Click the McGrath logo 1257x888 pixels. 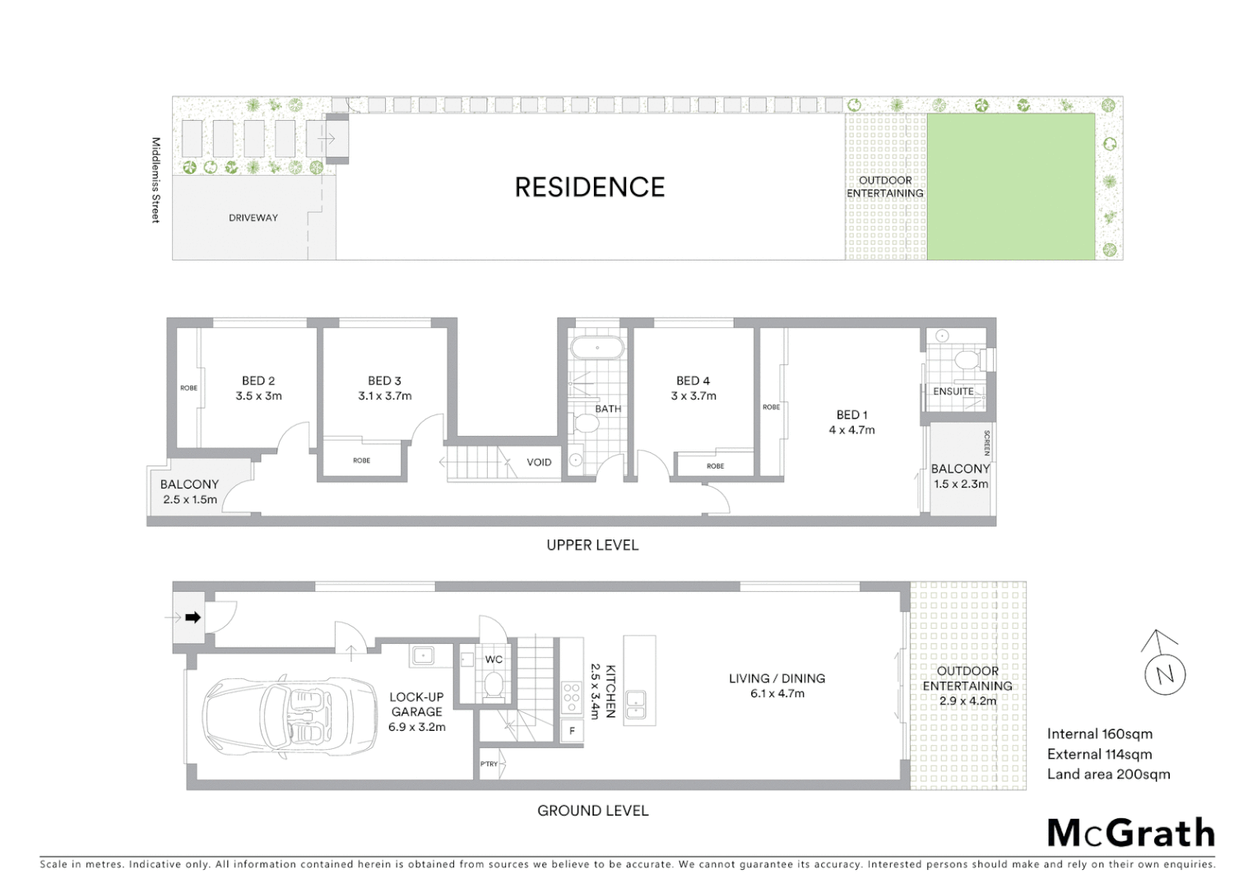click(x=1131, y=833)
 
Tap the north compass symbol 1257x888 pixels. click(x=1164, y=674)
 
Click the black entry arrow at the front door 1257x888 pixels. click(x=192, y=617)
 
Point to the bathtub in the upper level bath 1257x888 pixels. click(x=596, y=348)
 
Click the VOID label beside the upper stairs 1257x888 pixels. click(x=539, y=462)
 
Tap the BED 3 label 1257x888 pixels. click(x=384, y=381)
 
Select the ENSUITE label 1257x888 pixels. click(x=953, y=391)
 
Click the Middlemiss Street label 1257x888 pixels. click(x=155, y=180)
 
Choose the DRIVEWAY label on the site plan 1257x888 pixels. click(x=253, y=218)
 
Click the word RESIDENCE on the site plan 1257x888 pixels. click(x=589, y=187)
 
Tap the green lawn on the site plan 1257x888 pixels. click(x=1011, y=187)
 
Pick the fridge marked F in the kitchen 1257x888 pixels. click(x=572, y=730)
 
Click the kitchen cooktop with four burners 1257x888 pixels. click(x=572, y=697)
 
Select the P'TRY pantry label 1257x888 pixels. click(x=489, y=764)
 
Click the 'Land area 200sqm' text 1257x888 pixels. click(x=1108, y=774)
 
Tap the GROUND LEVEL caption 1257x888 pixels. click(x=592, y=811)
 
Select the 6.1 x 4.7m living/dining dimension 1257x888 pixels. click(x=777, y=693)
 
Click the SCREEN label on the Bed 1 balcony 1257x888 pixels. click(x=986, y=443)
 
